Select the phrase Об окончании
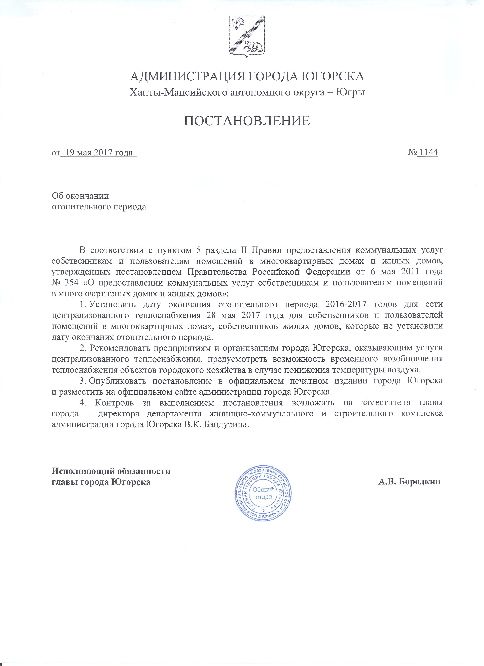[x=80, y=196]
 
